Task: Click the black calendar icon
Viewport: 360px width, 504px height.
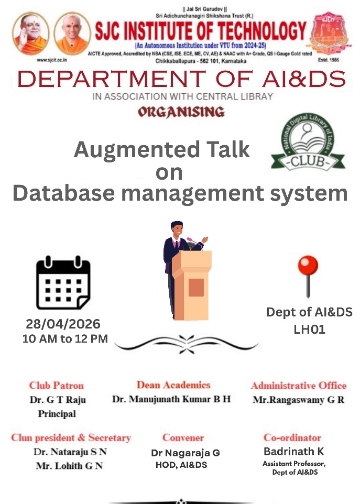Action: click(63, 283)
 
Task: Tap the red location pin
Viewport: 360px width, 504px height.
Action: click(308, 276)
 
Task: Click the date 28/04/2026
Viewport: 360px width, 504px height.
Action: click(63, 324)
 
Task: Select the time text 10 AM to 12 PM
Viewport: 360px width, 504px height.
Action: click(65, 339)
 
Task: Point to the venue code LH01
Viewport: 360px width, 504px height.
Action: click(309, 330)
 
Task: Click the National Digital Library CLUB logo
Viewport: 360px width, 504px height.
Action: click(308, 142)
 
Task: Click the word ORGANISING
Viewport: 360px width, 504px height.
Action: click(181, 112)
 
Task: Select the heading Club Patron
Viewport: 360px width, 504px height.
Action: click(56, 386)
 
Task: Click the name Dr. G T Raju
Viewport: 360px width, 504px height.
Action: click(58, 400)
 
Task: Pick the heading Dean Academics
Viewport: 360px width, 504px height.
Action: click(173, 385)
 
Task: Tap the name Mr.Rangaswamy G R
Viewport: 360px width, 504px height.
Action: click(298, 400)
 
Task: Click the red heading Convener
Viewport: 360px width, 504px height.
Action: click(183, 437)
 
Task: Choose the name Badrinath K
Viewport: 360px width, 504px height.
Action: click(293, 452)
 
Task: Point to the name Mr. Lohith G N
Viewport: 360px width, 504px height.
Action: click(69, 466)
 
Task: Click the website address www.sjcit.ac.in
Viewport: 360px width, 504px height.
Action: click(52, 60)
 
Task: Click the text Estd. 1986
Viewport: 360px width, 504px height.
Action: click(328, 60)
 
